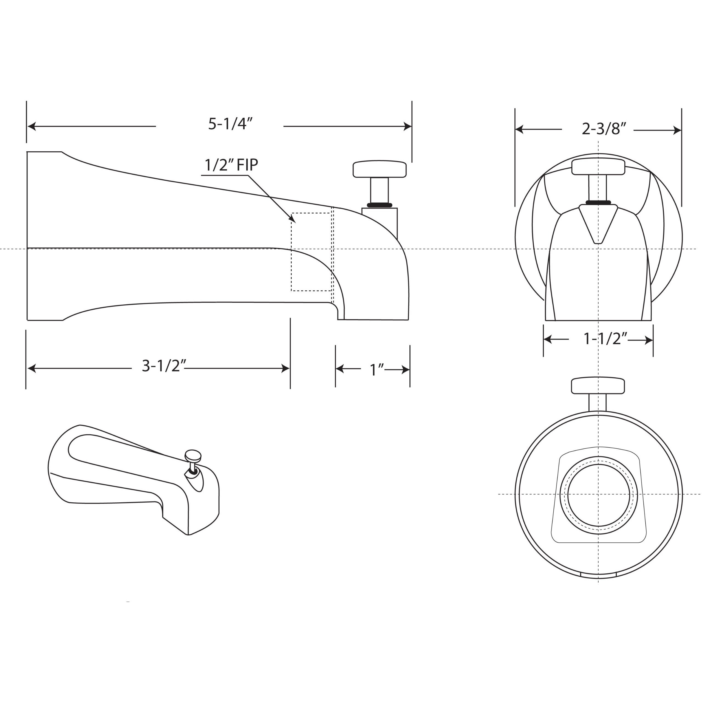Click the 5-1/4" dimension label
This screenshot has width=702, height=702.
230,124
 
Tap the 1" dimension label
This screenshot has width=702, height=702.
377,370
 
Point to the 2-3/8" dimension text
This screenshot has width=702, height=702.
604,129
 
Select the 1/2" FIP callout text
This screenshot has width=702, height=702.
231,165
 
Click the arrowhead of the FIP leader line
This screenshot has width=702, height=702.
293,219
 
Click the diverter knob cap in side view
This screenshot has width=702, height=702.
380,169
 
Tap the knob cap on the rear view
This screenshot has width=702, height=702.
598,386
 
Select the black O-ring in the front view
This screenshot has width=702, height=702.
598,202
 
